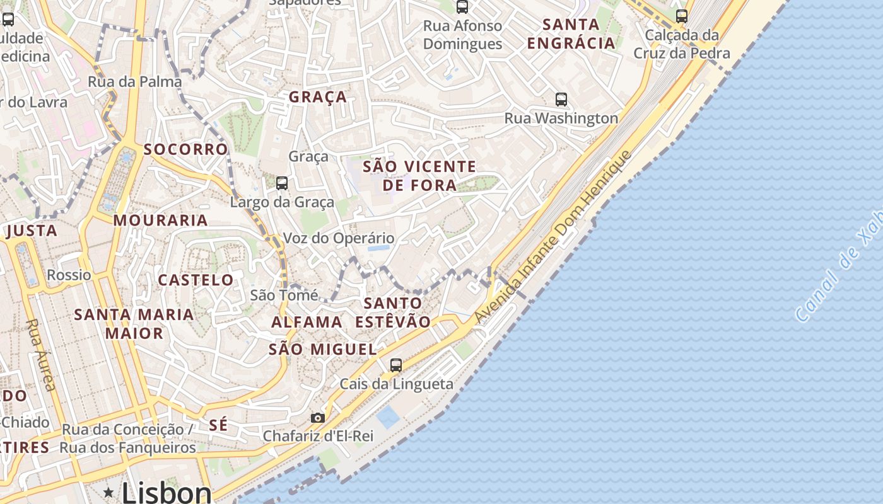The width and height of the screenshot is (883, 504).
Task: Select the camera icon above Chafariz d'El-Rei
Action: click(318, 418)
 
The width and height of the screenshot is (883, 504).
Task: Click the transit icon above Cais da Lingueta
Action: click(396, 365)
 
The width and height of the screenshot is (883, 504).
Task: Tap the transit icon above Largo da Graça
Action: click(282, 183)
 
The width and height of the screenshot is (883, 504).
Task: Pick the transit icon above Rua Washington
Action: click(561, 99)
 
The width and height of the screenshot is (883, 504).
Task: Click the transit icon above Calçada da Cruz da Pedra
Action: click(682, 16)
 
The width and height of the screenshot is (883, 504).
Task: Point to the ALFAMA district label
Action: click(307, 322)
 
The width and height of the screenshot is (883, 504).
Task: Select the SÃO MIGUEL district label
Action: click(322, 349)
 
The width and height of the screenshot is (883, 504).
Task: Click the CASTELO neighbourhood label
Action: click(196, 280)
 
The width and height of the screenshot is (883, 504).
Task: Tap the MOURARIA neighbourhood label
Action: click(161, 220)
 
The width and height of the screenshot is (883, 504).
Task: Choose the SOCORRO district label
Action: click(185, 149)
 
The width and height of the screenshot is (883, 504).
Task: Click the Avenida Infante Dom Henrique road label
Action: click(553, 237)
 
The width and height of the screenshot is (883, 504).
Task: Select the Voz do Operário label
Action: click(339, 238)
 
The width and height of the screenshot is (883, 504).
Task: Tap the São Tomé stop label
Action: click(284, 294)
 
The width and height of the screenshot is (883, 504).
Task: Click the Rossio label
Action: click(69, 275)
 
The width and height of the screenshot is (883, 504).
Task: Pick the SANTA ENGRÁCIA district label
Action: click(571, 34)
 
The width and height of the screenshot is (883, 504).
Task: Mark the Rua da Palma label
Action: click(134, 81)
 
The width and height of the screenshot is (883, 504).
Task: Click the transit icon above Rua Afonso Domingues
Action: click(462, 7)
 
